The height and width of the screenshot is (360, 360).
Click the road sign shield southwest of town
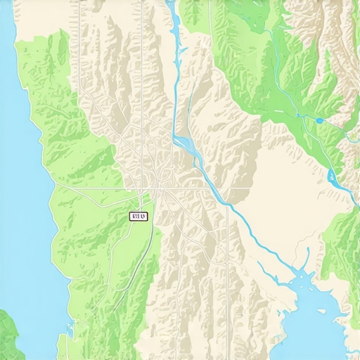click(139, 217)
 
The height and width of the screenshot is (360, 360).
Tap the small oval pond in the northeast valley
click(320, 120)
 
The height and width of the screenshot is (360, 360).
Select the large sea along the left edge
click(18, 176)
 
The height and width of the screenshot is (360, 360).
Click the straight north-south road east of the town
click(228, 232)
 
